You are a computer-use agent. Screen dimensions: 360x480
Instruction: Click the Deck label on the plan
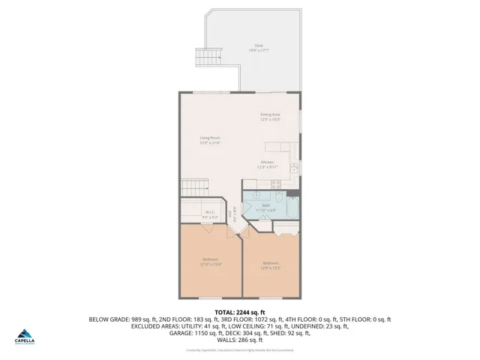coord(259,48)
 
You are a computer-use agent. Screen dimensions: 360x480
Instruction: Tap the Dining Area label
coord(270,116)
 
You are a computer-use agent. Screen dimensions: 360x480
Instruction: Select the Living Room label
coord(210,139)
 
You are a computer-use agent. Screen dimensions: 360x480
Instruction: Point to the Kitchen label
coord(267,164)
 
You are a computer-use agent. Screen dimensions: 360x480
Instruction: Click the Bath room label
coord(266,207)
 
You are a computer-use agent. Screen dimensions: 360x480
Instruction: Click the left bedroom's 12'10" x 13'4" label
coord(210,262)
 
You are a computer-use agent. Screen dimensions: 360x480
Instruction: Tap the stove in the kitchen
coord(277,183)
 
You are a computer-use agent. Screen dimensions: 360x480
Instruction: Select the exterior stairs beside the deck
coord(214,54)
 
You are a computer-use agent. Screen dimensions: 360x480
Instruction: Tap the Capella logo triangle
coord(25,334)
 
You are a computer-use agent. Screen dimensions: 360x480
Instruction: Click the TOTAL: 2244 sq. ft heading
coord(240,312)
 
